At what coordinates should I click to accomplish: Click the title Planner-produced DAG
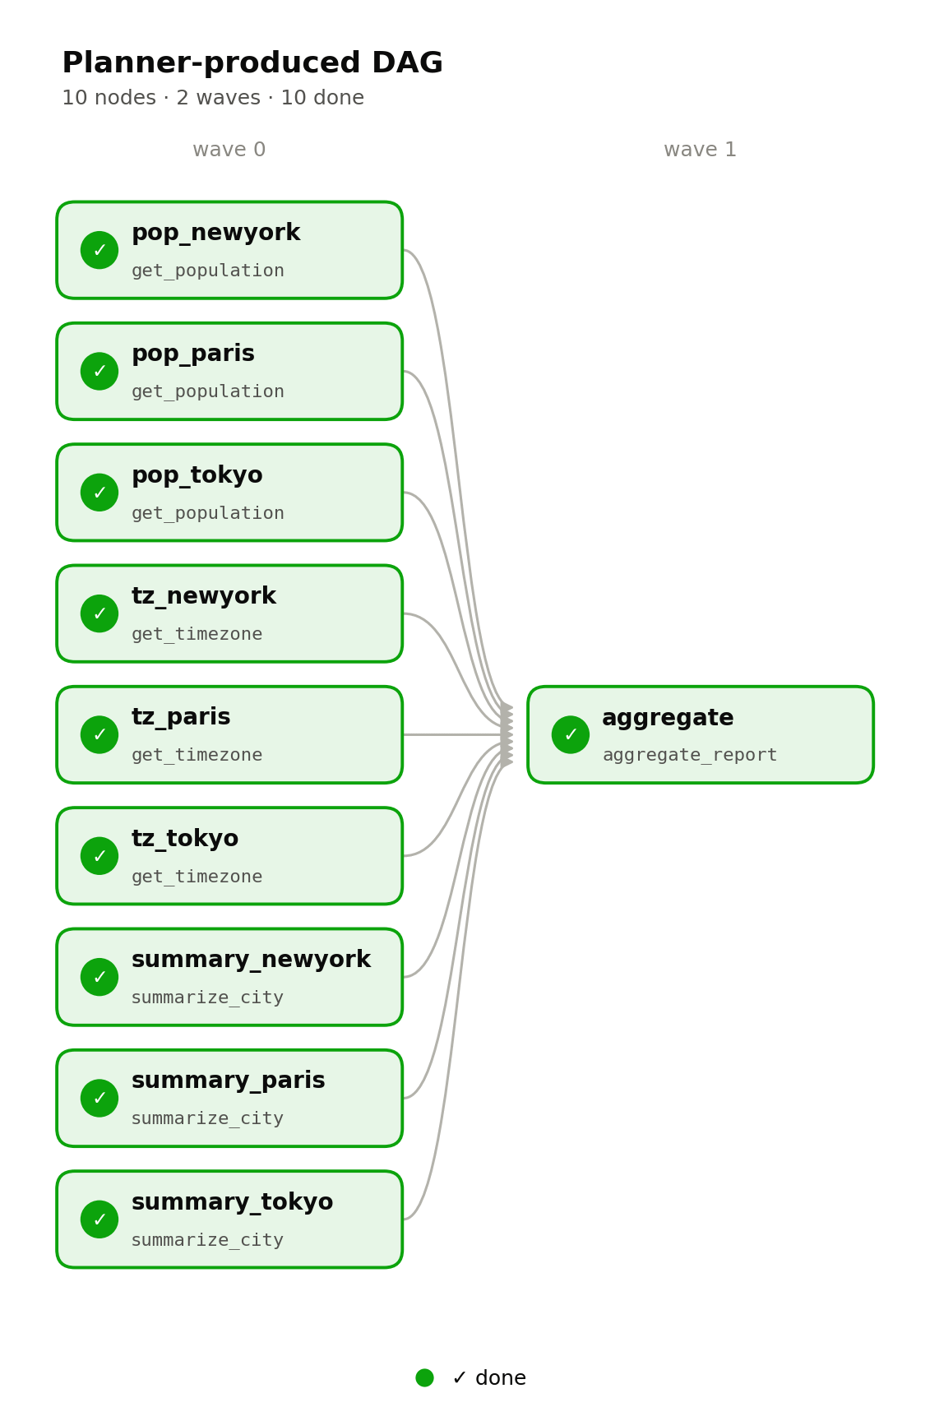tap(252, 62)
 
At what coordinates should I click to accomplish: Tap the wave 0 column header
tap(229, 150)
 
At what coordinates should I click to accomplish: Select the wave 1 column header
tap(700, 150)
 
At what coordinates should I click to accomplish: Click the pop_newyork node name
tap(216, 233)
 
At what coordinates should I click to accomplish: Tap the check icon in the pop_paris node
tap(99, 371)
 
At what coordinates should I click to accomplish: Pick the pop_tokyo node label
tap(197, 475)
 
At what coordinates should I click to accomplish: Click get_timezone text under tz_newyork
tap(197, 634)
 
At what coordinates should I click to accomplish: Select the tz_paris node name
tap(181, 717)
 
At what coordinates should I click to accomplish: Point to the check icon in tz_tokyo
tap(99, 855)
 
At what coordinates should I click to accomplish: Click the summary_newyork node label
tap(251, 960)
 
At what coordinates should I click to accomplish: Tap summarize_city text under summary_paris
tap(208, 1118)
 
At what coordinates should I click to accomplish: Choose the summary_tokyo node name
tap(233, 1202)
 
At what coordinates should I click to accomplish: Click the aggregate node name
tap(668, 718)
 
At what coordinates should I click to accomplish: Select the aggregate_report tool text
tap(690, 755)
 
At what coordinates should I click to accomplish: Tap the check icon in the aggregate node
tap(570, 734)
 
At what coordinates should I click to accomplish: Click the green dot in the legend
tap(424, 1377)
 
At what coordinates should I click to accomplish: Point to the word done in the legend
tap(501, 1377)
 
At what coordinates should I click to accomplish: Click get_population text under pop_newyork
tap(208, 271)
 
